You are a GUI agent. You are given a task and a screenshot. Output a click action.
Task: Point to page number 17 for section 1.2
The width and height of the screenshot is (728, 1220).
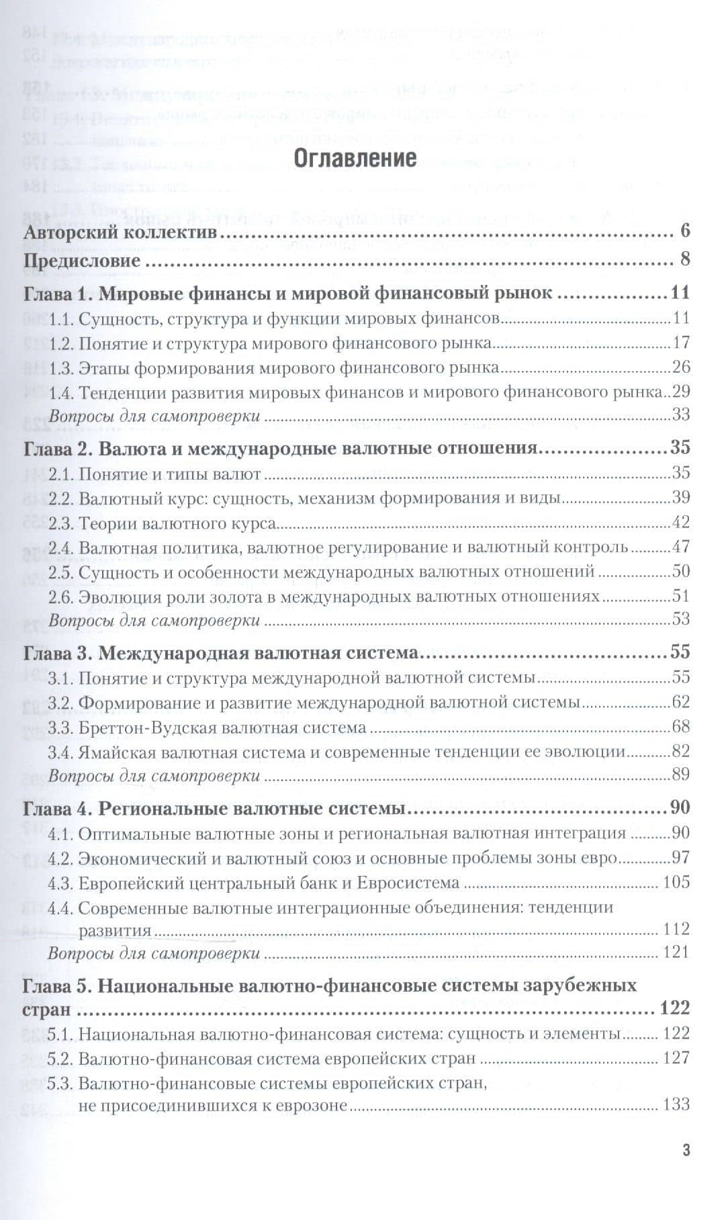point(680,344)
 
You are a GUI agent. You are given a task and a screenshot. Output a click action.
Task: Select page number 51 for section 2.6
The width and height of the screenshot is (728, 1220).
point(680,596)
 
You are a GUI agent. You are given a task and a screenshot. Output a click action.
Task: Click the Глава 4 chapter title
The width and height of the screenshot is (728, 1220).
point(214,808)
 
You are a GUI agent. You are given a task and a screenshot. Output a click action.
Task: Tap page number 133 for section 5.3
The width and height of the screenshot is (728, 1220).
point(676,1105)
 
